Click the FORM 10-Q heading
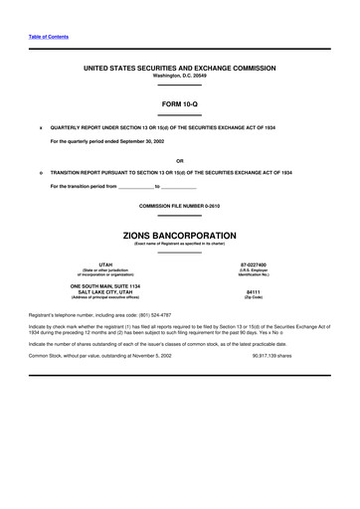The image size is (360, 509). point(179,102)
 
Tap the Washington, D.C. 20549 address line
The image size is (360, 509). point(179,76)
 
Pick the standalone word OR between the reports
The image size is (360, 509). point(179,161)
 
